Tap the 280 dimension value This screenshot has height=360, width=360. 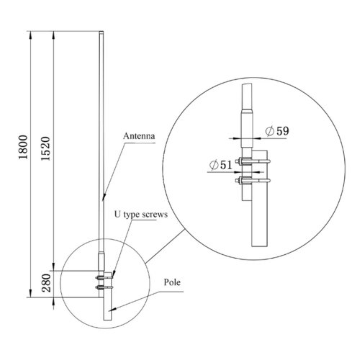[45, 282]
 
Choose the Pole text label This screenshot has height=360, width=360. [172, 282]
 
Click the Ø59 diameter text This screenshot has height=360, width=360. [276, 131]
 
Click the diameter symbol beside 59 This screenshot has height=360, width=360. [269, 131]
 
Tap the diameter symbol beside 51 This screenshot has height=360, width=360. [214, 166]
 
